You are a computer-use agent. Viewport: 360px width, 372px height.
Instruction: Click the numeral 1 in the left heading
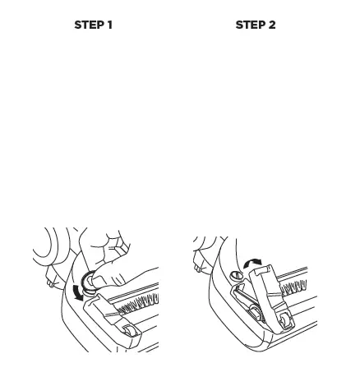pyautogui.click(x=109, y=25)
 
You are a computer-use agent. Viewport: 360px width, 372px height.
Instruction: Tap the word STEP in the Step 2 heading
pyautogui.click(x=249, y=25)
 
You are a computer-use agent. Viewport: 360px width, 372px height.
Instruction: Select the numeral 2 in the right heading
pyautogui.click(x=271, y=25)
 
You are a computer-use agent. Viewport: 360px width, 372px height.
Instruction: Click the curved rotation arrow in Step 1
pyautogui.click(x=76, y=291)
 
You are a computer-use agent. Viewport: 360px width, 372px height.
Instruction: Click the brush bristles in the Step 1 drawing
pyautogui.click(x=136, y=304)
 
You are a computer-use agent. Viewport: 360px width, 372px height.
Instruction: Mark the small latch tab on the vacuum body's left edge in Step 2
pyautogui.click(x=199, y=264)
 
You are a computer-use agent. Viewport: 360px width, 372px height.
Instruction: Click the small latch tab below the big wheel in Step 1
pyautogui.click(x=51, y=281)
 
